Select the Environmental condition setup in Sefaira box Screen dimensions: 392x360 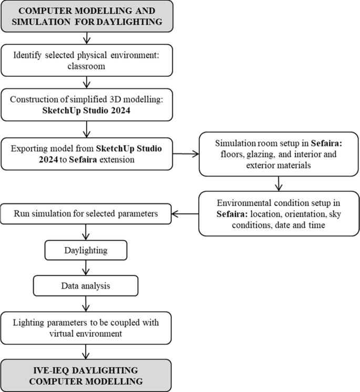(279, 213)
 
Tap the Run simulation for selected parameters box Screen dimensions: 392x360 (86, 214)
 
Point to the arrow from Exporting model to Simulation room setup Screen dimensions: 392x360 (186, 154)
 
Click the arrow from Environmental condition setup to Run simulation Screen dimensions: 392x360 (186, 214)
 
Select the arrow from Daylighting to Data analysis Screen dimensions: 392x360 (86, 268)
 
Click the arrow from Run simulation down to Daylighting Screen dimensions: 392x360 (86, 232)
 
